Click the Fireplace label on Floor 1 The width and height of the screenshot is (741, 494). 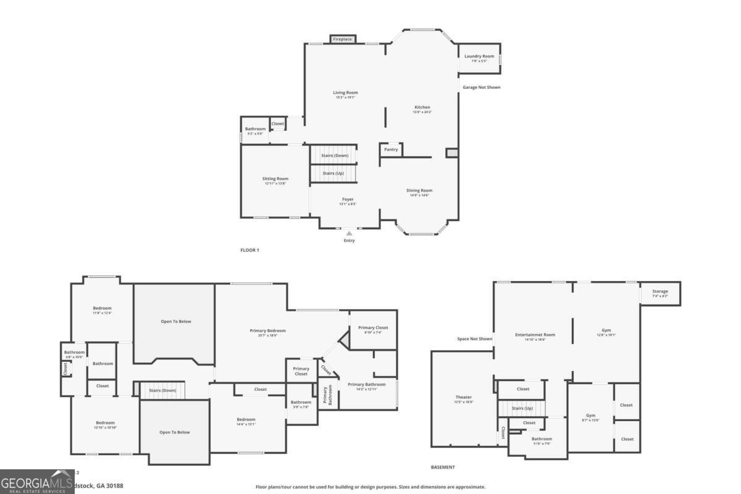[342, 40]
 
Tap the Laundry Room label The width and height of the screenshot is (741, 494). [479, 56]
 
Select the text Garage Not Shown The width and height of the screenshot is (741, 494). [482, 88]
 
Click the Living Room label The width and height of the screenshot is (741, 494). [345, 93]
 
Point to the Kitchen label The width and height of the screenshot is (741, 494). [422, 107]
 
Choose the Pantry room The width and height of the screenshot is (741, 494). [391, 149]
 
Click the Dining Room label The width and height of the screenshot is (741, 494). [419, 191]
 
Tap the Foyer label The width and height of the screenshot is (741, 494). [348, 199]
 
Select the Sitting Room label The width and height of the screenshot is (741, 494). [275, 179]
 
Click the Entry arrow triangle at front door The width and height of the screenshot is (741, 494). [349, 233]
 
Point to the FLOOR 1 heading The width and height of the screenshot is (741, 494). [249, 250]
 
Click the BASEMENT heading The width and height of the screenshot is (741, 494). [443, 467]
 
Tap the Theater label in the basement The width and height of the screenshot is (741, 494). [463, 397]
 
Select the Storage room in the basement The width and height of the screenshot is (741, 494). [660, 293]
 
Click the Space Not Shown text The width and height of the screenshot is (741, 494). [474, 339]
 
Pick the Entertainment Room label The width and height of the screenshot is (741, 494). [535, 335]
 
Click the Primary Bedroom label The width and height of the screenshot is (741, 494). [267, 330]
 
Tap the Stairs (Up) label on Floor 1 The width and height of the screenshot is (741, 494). [333, 174]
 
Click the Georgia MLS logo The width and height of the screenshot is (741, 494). [36, 482]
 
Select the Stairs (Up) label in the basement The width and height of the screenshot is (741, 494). [522, 408]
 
